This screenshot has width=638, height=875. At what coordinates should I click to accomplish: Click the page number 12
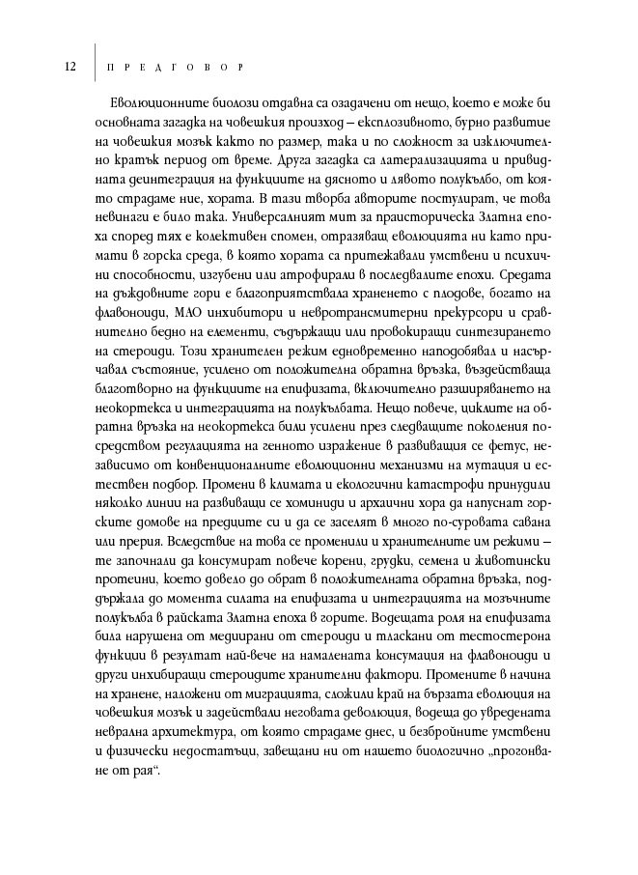coord(70,67)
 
